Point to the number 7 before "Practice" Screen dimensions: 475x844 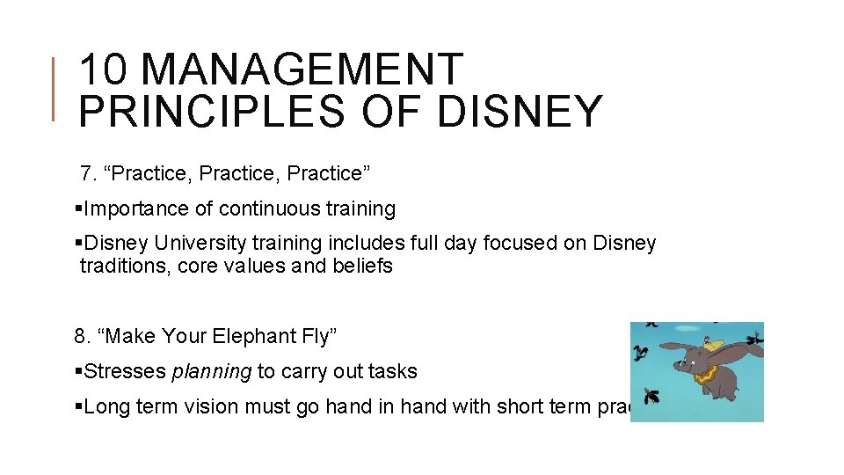[85, 174]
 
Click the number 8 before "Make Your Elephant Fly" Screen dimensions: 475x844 [82, 336]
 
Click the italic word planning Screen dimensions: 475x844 [211, 372]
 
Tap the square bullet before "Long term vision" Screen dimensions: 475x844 [78, 407]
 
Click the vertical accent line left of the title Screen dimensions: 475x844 [54, 88]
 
